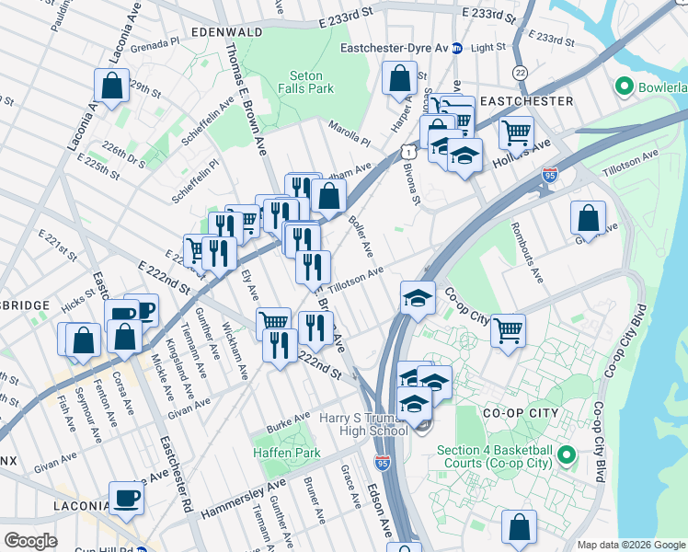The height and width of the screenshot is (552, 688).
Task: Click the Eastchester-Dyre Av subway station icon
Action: pyautogui.click(x=455, y=48)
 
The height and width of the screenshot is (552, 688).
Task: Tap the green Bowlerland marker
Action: pyautogui.click(x=625, y=87)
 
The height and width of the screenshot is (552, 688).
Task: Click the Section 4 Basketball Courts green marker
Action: pyautogui.click(x=567, y=455)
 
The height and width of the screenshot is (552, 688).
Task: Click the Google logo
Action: pyautogui.click(x=30, y=541)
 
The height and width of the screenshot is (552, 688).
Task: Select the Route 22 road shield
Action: pyautogui.click(x=521, y=72)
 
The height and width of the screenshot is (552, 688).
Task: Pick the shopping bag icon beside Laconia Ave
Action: pyautogui.click(x=110, y=87)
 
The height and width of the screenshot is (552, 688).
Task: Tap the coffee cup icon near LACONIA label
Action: pyautogui.click(x=127, y=499)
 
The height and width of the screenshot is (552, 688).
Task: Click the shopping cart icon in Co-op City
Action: pyautogui.click(x=507, y=329)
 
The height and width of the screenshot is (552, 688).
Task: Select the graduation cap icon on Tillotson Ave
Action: pyautogui.click(x=418, y=297)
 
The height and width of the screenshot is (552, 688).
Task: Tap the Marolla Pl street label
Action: pyautogui.click(x=348, y=136)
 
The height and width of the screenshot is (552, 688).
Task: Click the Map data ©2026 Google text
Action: pyautogui.click(x=630, y=545)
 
